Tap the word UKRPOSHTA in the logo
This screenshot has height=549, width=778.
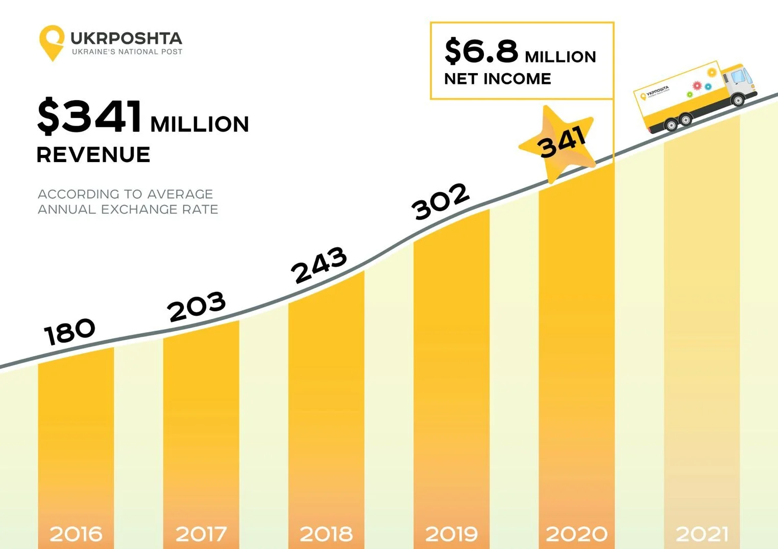click(x=126, y=38)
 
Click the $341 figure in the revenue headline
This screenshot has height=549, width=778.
click(x=90, y=116)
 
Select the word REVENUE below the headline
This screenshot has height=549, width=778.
click(x=93, y=154)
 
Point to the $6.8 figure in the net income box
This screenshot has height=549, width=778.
click(x=481, y=51)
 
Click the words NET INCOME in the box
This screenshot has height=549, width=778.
click(x=498, y=79)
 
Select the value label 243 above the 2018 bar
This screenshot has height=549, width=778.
click(x=319, y=264)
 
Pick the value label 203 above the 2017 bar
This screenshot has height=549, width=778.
click(x=197, y=307)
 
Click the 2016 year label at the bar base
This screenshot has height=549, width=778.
click(x=76, y=534)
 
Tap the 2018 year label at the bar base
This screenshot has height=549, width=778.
click(x=326, y=534)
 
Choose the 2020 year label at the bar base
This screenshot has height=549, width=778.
click(x=576, y=534)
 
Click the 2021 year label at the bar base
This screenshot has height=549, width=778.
click(x=702, y=534)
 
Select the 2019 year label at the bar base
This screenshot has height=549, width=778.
click(x=451, y=534)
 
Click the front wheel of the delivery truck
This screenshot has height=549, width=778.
click(x=738, y=100)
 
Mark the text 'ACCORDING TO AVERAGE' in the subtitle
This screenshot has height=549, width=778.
click(x=126, y=194)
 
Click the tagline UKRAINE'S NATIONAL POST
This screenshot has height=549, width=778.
click(x=127, y=52)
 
